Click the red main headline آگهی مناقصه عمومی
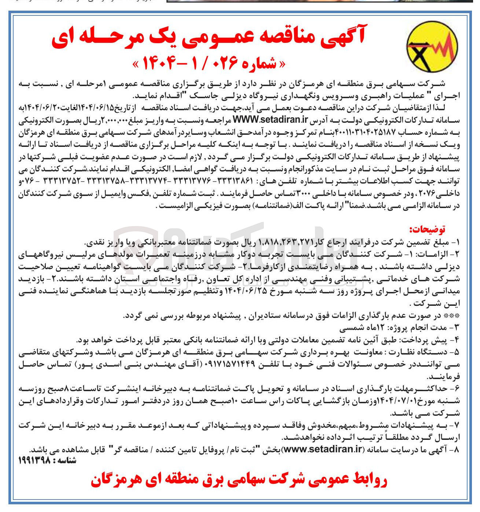click(x=208, y=38)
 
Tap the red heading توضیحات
click(x=428, y=230)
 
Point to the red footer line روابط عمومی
click(x=238, y=481)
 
